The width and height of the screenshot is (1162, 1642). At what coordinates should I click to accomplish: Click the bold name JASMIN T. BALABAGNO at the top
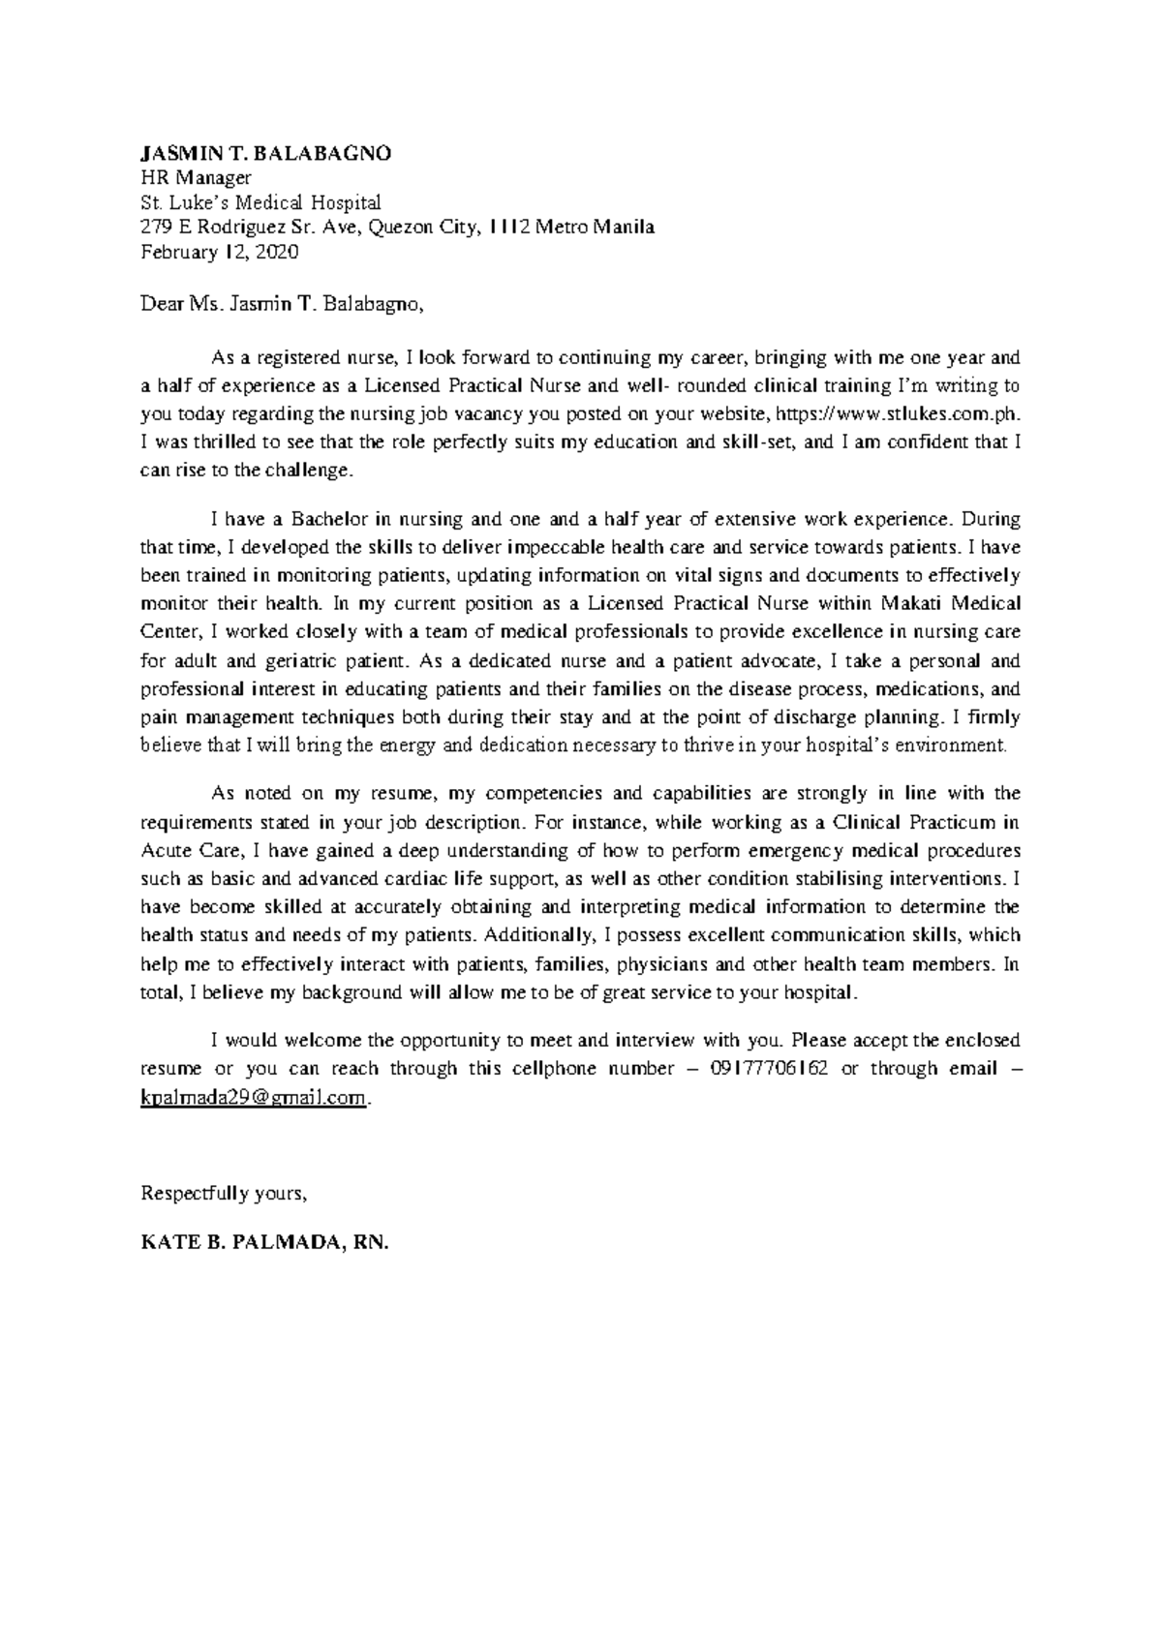[x=266, y=153]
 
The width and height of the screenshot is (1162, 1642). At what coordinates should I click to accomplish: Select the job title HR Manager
[x=197, y=178]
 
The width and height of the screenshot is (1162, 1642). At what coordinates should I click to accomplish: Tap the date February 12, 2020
[x=221, y=253]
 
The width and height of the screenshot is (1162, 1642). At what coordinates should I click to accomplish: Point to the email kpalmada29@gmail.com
[x=255, y=1098]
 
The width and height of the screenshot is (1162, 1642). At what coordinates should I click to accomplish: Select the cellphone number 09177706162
[x=768, y=1069]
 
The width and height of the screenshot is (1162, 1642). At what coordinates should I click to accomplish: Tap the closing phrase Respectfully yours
[x=224, y=1193]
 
